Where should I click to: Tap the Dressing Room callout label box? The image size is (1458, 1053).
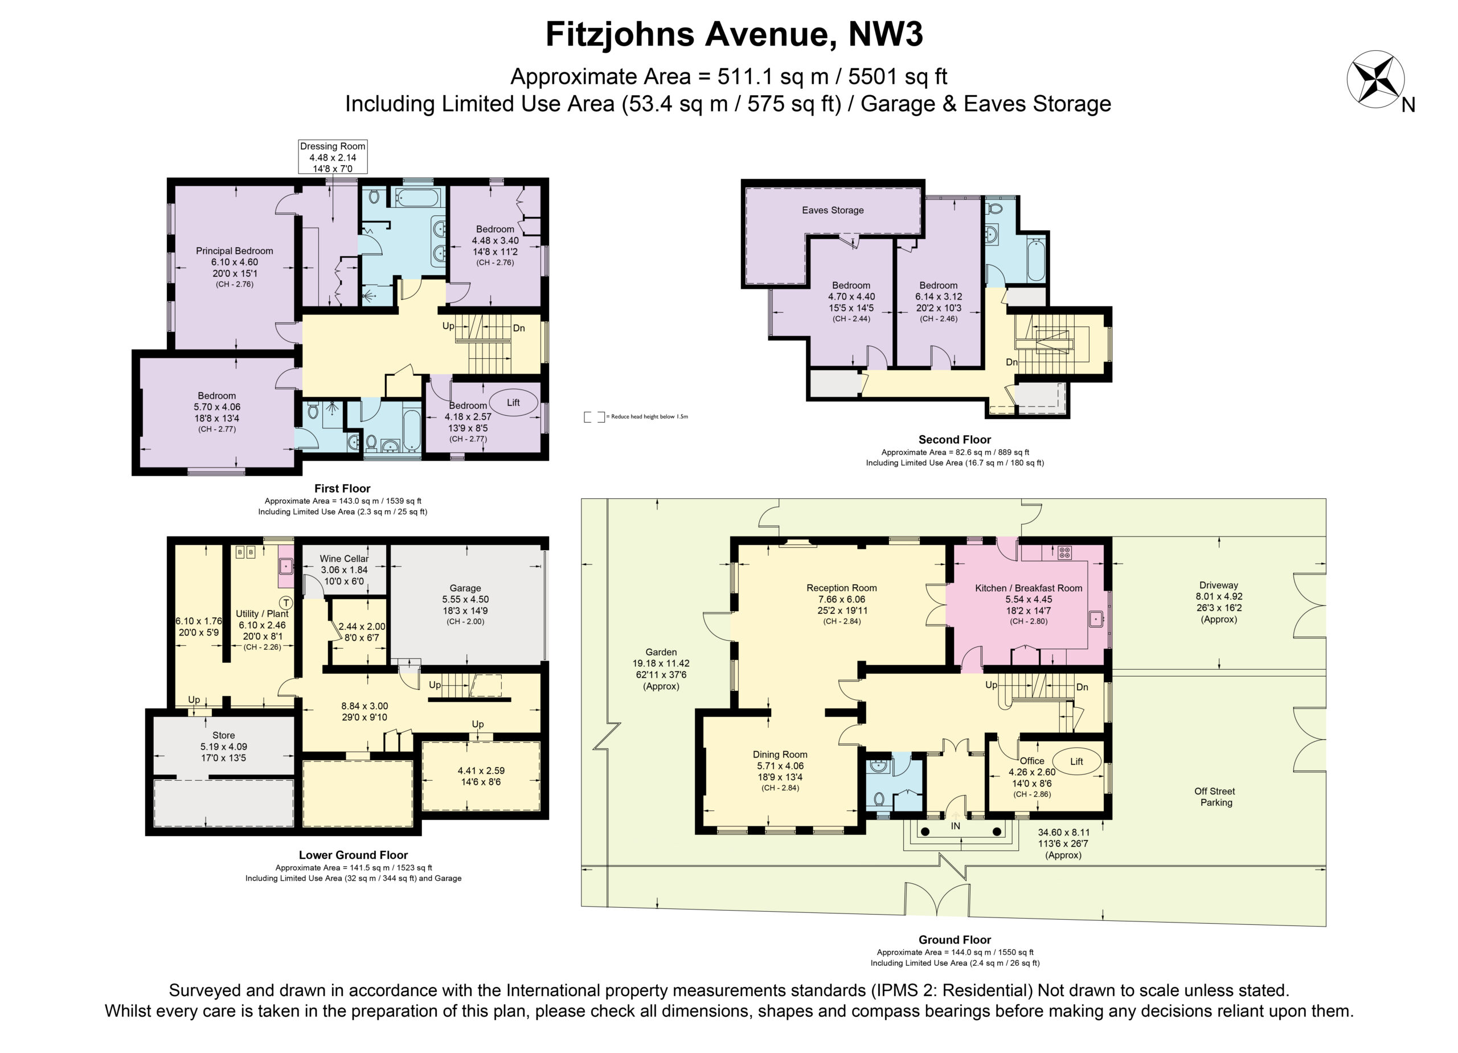click(x=333, y=157)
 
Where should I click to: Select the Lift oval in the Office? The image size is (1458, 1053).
click(x=1076, y=761)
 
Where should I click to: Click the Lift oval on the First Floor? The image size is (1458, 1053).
click(x=513, y=403)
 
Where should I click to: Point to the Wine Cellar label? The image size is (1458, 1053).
click(x=344, y=559)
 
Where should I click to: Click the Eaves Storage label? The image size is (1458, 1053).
click(x=833, y=210)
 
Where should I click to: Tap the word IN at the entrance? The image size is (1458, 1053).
click(x=955, y=826)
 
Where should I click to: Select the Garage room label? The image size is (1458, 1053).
click(x=465, y=588)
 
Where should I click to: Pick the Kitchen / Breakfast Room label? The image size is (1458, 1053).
click(x=1029, y=588)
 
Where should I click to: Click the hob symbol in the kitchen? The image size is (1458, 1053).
click(x=1064, y=552)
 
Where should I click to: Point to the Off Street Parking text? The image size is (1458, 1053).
click(x=1215, y=797)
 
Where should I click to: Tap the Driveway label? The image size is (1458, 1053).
click(x=1218, y=585)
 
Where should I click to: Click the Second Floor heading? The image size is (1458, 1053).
click(x=954, y=440)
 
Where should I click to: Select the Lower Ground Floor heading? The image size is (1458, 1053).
click(x=353, y=855)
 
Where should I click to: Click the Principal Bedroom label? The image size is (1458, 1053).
click(x=235, y=251)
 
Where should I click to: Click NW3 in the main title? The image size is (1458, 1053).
click(x=885, y=35)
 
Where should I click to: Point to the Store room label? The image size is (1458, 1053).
click(x=223, y=735)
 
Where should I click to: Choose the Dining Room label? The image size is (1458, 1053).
click(x=780, y=755)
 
